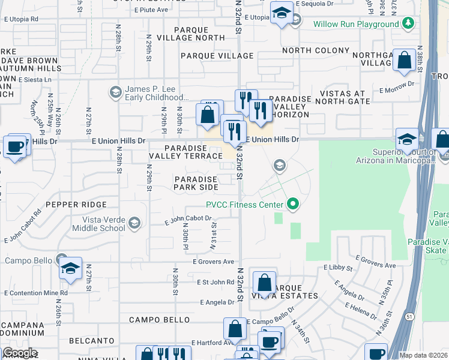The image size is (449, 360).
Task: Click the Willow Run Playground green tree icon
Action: click(x=408, y=23)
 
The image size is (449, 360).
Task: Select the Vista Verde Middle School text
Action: click(x=98, y=224)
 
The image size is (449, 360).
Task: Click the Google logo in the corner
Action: click(x=19, y=353)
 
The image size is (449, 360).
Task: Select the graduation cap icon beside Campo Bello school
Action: click(x=70, y=269)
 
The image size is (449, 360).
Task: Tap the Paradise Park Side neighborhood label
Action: click(x=196, y=183)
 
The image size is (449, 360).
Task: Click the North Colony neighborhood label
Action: click(x=316, y=51)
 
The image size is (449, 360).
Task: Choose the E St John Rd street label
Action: click(x=215, y=281)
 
